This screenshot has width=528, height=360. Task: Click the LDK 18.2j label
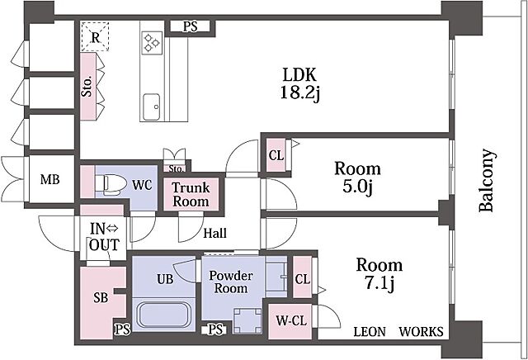(x=298, y=82)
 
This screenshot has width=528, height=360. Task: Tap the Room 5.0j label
(x=356, y=178)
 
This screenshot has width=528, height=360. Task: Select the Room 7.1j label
(x=379, y=274)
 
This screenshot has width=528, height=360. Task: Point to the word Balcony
(x=488, y=180)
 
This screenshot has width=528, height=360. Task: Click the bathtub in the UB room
(x=163, y=315)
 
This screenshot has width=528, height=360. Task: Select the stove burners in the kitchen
(x=153, y=42)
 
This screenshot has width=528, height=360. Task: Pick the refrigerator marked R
(x=96, y=38)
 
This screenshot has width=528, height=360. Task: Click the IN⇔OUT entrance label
(x=105, y=237)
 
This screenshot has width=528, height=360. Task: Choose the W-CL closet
(x=288, y=321)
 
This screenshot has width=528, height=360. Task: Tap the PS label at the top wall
(x=191, y=27)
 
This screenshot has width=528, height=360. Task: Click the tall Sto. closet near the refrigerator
(x=88, y=87)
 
